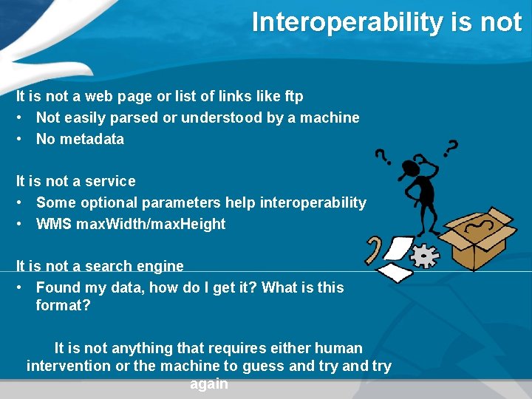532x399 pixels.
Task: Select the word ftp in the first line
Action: click(x=293, y=96)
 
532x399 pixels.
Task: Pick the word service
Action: click(x=110, y=181)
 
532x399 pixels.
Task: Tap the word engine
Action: click(x=159, y=266)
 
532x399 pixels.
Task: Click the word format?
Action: click(x=63, y=305)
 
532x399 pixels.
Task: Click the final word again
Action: click(x=209, y=384)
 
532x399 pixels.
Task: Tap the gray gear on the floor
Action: click(x=424, y=256)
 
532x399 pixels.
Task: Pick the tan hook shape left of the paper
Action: click(x=373, y=250)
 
